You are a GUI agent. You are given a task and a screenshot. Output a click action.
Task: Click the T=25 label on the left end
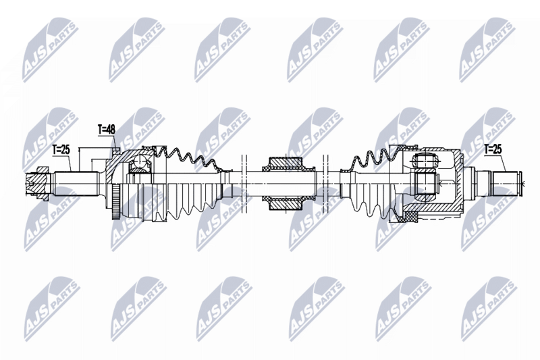61,148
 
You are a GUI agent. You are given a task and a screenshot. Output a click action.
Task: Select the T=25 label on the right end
493,148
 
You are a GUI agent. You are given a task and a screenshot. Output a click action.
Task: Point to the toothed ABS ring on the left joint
120,199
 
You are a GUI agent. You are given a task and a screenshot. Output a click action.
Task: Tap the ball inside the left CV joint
141,164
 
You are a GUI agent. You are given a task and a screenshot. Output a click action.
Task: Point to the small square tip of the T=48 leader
116,148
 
